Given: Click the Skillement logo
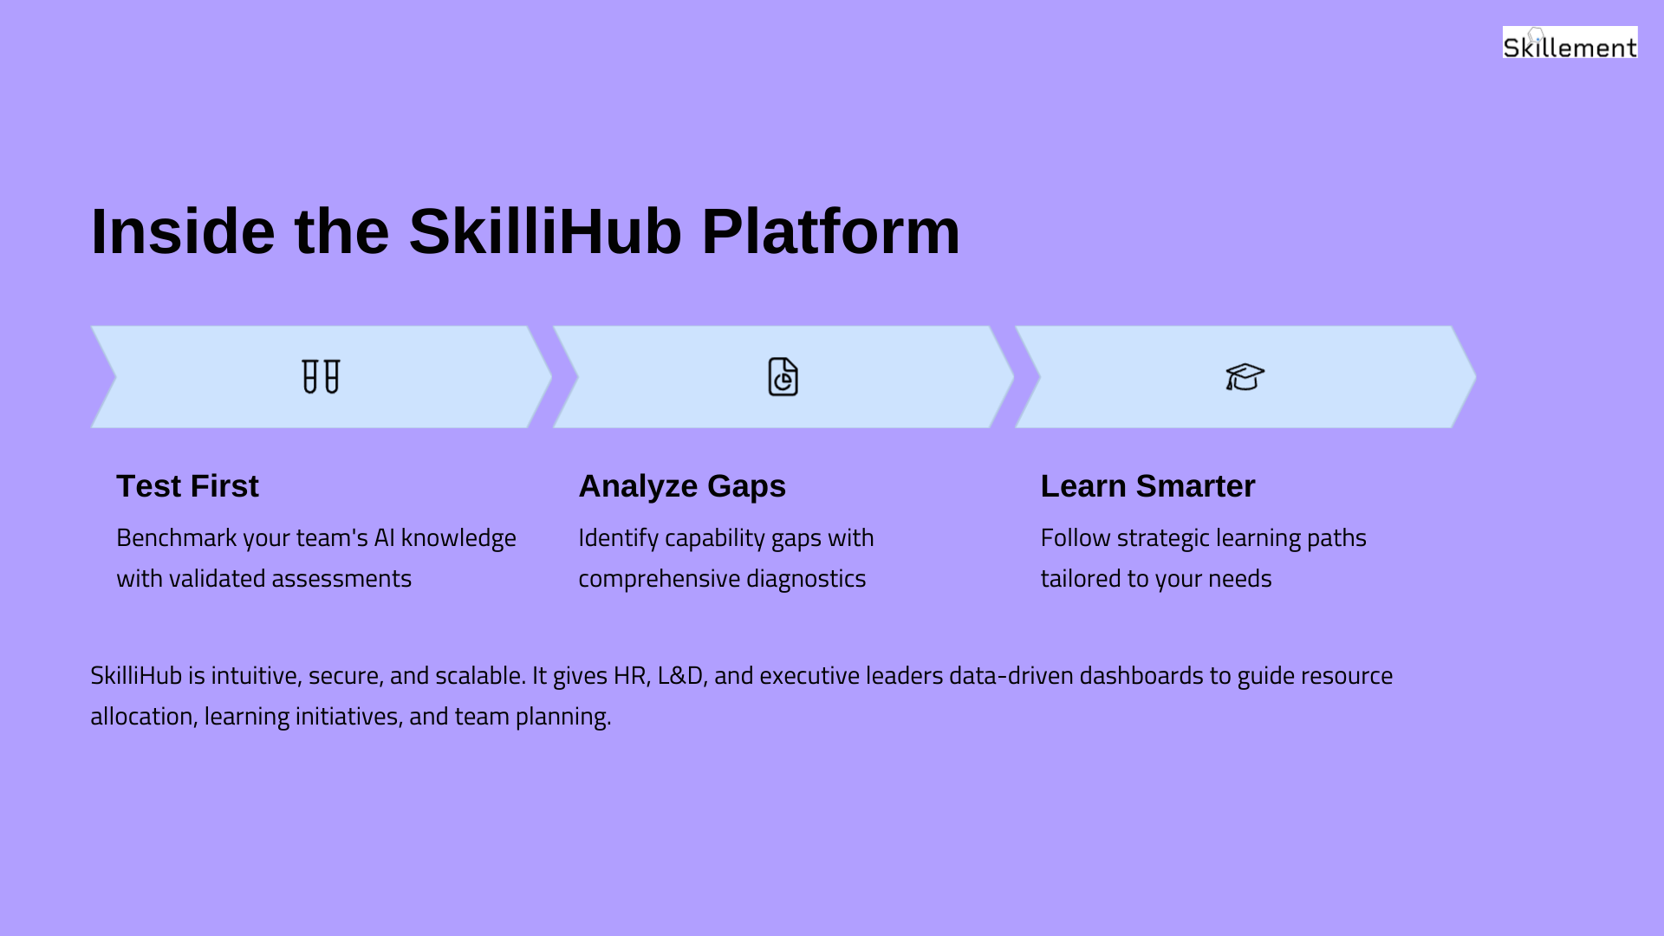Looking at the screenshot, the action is (1570, 42).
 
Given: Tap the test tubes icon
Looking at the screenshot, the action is (321, 377).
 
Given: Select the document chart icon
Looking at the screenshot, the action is (783, 377).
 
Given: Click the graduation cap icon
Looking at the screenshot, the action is (1245, 377).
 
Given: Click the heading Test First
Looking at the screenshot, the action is (187, 486).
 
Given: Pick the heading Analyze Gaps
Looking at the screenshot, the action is (682, 487).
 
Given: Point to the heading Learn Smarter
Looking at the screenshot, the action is (1147, 486).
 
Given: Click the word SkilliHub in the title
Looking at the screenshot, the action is (545, 231).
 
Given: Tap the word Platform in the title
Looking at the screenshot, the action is (830, 231).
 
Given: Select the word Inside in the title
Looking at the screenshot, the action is (183, 231).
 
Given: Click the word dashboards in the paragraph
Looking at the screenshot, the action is (1141, 675).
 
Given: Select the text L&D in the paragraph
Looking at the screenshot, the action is (680, 675).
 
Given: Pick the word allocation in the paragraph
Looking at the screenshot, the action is (141, 717).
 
